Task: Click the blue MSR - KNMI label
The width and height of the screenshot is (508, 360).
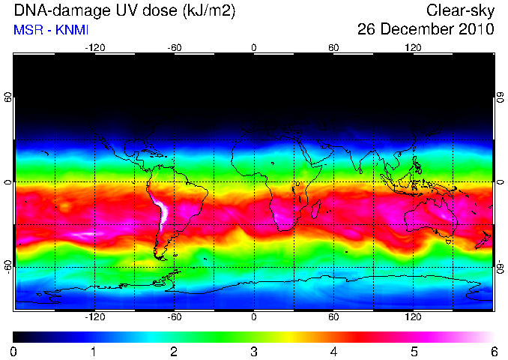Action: coord(51,30)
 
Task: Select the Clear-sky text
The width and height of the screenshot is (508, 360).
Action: coord(460,10)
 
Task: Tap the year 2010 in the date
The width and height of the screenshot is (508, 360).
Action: coord(477,29)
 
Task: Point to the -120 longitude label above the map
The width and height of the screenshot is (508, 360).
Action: coord(95,48)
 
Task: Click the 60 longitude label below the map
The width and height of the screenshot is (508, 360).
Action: coord(333,316)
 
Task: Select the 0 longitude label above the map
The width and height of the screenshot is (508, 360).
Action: coord(254,48)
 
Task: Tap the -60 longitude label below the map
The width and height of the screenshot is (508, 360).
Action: coord(175,316)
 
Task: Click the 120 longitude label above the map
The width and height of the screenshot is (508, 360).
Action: coord(413,48)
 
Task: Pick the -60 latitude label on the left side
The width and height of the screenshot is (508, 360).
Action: coord(8,267)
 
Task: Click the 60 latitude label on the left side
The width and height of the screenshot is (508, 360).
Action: coord(8,97)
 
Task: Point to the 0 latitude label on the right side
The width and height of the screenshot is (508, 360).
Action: coord(501,182)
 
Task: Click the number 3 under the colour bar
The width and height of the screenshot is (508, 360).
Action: coord(254,352)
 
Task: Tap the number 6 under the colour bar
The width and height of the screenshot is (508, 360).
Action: coord(494,352)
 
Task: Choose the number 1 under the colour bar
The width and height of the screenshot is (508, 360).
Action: coord(94,352)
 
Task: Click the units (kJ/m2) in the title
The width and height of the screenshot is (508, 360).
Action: coord(209,11)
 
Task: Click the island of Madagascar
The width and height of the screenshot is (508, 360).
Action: coord(316,208)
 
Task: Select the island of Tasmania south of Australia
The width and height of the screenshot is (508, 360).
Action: coord(449,241)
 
